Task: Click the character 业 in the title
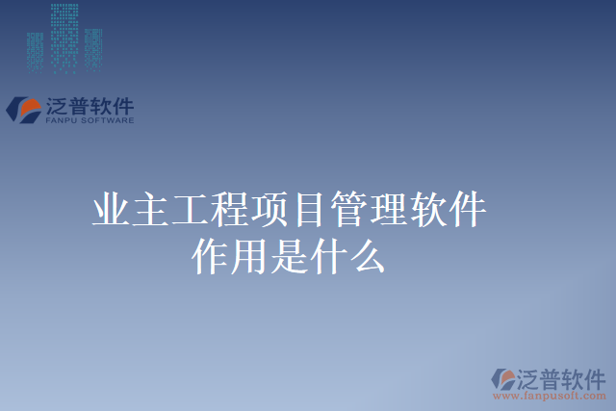point(112,211)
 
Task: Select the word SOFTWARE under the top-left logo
point(107,121)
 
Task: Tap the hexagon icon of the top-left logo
point(23,109)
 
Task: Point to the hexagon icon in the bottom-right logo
point(504,378)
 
